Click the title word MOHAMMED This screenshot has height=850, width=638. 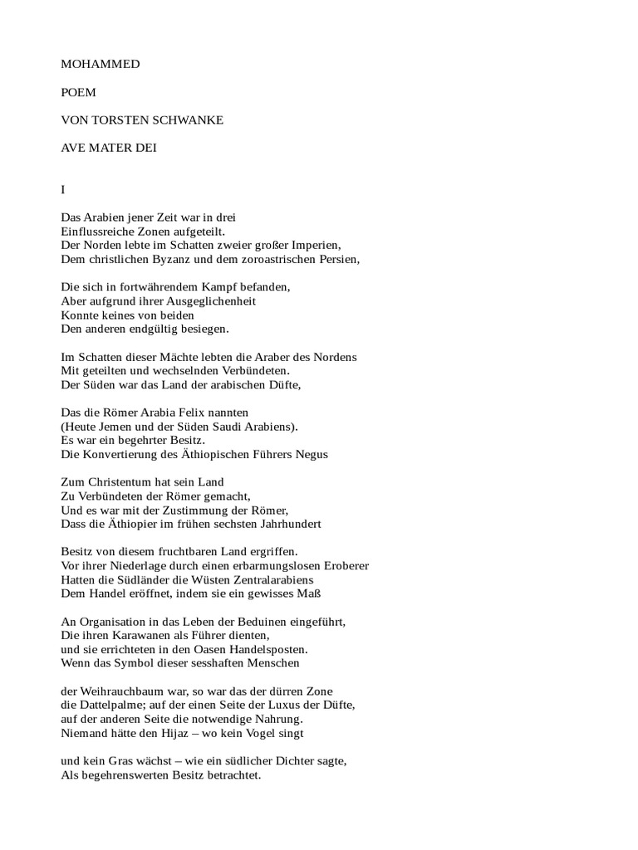[100, 63]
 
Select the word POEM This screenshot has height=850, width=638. [79, 92]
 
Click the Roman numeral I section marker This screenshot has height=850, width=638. [63, 190]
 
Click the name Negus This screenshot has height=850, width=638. [312, 454]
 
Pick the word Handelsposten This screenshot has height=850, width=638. [268, 649]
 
